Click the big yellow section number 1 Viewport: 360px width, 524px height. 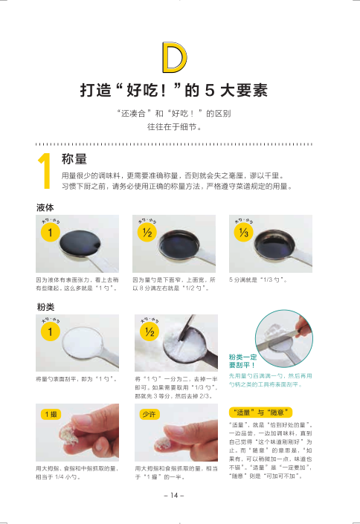(x=45, y=171)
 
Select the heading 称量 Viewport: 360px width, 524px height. (x=74, y=159)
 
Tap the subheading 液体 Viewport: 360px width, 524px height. (x=45, y=208)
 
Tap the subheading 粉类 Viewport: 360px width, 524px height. (x=45, y=307)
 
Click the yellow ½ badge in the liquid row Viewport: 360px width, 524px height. (x=147, y=232)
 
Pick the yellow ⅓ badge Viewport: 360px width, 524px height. (x=243, y=232)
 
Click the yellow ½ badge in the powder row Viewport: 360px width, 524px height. (x=150, y=331)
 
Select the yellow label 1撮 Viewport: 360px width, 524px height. (x=51, y=415)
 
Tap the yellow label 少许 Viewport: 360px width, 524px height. (x=150, y=415)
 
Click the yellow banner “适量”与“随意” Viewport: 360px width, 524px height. (x=260, y=413)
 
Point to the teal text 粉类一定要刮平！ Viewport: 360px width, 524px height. (x=243, y=361)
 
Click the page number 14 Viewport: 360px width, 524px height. (x=174, y=495)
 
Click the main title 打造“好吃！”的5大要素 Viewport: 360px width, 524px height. (x=174, y=90)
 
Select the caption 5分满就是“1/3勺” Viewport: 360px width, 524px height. (x=258, y=279)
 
